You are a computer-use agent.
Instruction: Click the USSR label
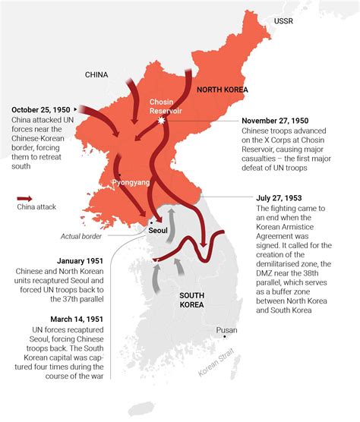284,20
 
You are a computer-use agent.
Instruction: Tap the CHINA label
102,74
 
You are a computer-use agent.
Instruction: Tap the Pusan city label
226,330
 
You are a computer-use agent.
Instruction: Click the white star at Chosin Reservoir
160,121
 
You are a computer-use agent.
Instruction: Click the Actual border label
81,236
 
